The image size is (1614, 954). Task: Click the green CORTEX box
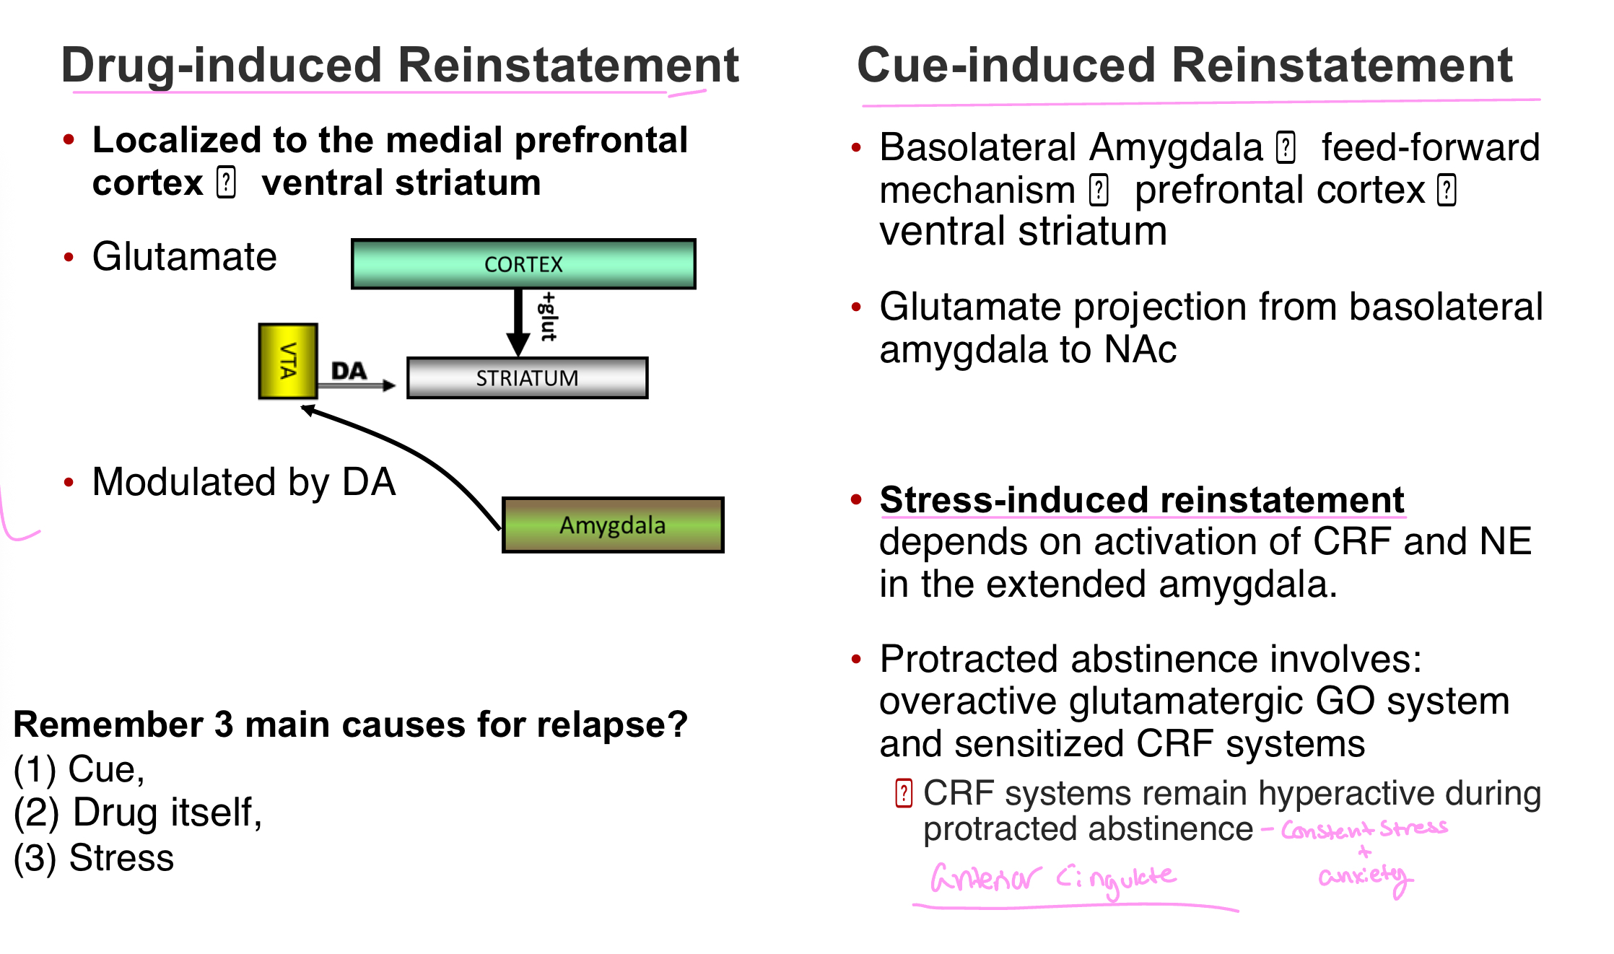(x=523, y=264)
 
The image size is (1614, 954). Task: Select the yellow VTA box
(x=288, y=361)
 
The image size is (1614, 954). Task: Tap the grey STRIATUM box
(x=527, y=377)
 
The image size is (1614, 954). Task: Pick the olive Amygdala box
(x=613, y=525)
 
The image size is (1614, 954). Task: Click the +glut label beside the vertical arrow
(x=549, y=317)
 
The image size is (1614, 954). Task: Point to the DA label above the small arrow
(x=349, y=371)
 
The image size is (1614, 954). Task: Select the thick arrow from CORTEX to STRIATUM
(x=518, y=321)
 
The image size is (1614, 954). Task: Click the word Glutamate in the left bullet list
(x=185, y=257)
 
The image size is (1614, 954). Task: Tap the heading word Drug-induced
(x=221, y=66)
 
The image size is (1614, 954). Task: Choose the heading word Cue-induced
(x=1006, y=66)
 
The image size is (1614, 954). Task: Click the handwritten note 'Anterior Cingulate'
(x=1052, y=879)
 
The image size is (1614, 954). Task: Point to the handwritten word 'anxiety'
(x=1363, y=877)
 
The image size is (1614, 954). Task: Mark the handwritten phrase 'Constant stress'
(x=1364, y=829)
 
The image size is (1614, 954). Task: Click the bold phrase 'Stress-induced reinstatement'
(x=1142, y=500)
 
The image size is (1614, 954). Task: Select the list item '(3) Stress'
(x=94, y=858)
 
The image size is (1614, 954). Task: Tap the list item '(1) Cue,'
(x=79, y=769)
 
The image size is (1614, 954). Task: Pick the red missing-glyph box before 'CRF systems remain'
(x=904, y=793)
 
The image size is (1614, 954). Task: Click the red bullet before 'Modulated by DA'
(x=69, y=482)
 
